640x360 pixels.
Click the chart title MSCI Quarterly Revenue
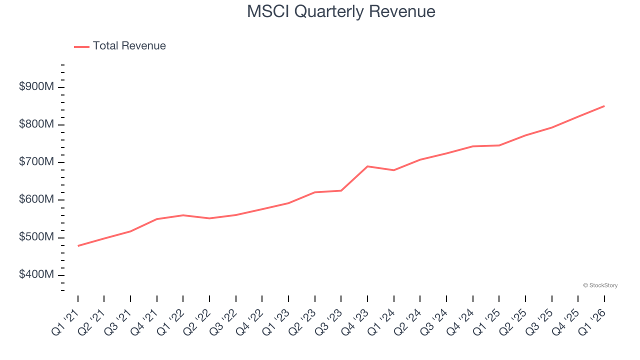(341, 11)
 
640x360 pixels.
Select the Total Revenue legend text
(129, 46)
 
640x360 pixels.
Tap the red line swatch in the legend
(81, 46)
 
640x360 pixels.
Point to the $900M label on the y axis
(36, 87)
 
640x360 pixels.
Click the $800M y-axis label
(36, 124)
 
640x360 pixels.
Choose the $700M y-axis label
(36, 162)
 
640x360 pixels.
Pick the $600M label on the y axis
(36, 199)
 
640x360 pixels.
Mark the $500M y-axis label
(36, 237)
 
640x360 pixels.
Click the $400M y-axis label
(36, 275)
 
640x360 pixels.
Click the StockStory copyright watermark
(600, 285)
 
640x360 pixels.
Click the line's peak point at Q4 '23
(367, 166)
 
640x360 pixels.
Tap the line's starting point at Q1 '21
(78, 245)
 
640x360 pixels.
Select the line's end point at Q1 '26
(604, 106)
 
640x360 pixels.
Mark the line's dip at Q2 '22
(209, 218)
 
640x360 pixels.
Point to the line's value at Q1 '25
(499, 145)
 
